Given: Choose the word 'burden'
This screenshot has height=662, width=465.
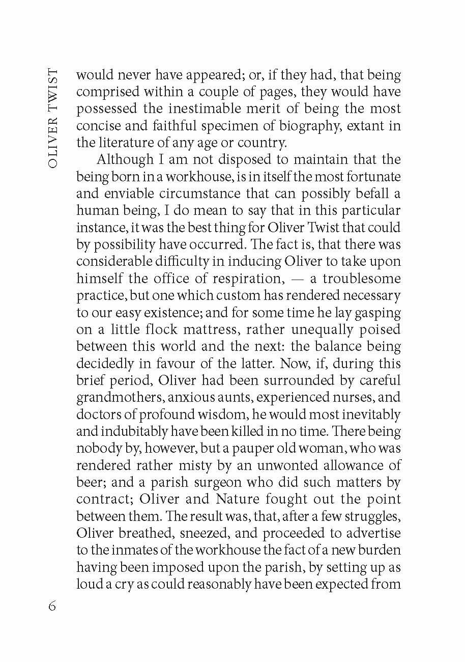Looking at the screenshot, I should [x=376, y=550].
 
